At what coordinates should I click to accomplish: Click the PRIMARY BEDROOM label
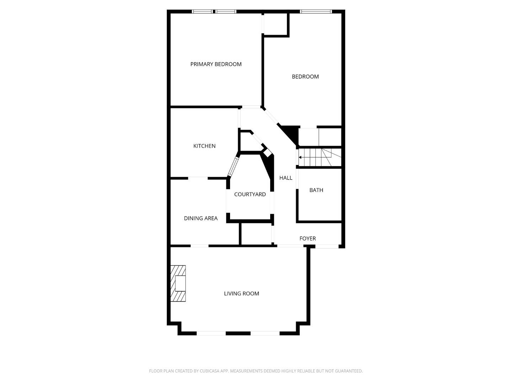[216, 64]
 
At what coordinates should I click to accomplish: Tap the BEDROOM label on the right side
[305, 76]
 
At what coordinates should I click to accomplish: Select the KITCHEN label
[204, 146]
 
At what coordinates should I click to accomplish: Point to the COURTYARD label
[250, 194]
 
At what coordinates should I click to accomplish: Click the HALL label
[286, 178]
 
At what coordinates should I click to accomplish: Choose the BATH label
[316, 190]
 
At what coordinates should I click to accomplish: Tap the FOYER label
[308, 238]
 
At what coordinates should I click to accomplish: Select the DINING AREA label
[201, 218]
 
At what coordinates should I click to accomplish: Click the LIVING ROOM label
[241, 293]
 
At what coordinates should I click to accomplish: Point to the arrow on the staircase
[301, 157]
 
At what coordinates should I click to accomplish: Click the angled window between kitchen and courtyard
[233, 166]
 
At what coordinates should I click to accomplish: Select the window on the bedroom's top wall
[315, 12]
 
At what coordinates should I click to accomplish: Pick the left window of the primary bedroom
[202, 12]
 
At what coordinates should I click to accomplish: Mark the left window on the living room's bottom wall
[211, 333]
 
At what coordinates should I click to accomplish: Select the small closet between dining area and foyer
[256, 234]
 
